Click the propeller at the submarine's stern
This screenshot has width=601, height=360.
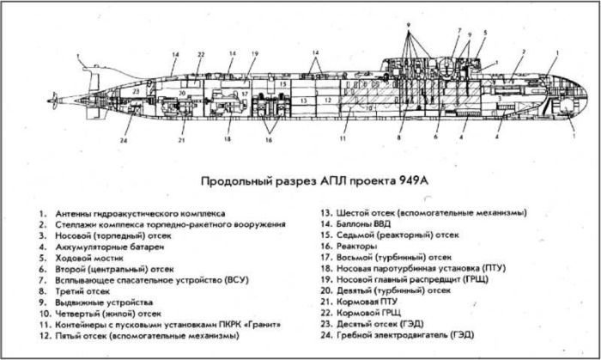pos(53,101)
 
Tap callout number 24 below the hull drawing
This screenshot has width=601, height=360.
pos(124,140)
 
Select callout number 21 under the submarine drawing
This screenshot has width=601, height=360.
pos(182,140)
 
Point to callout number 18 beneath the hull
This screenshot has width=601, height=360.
pos(228,140)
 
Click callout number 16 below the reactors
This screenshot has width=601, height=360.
pos(269,140)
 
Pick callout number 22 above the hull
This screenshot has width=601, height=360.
pos(200,55)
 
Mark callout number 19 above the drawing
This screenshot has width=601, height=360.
pos(254,55)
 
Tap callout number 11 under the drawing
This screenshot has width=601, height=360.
pos(343,138)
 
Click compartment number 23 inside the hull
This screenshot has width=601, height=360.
pos(136,89)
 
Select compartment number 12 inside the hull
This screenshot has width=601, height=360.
pos(327,100)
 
